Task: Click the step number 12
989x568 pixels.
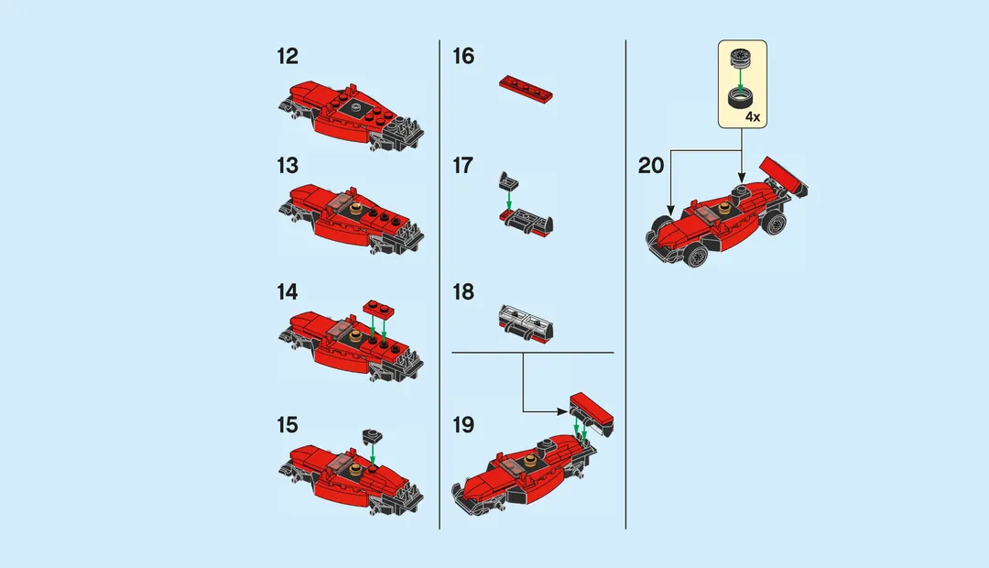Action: tap(287, 57)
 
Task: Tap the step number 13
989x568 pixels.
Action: tap(287, 166)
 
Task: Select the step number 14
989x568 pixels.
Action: tap(287, 292)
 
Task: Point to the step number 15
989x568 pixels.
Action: tap(287, 425)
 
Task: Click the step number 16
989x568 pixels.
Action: tap(463, 57)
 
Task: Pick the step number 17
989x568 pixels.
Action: tap(463, 166)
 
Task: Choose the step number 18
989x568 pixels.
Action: tap(463, 292)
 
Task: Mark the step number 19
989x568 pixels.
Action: tap(463, 425)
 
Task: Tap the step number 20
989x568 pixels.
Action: tap(651, 166)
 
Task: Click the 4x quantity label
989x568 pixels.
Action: tap(753, 117)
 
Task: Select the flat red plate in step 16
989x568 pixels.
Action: tap(527, 87)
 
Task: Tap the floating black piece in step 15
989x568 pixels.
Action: tap(372, 434)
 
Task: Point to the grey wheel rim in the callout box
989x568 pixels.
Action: tap(739, 59)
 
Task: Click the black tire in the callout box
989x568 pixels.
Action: tap(739, 98)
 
